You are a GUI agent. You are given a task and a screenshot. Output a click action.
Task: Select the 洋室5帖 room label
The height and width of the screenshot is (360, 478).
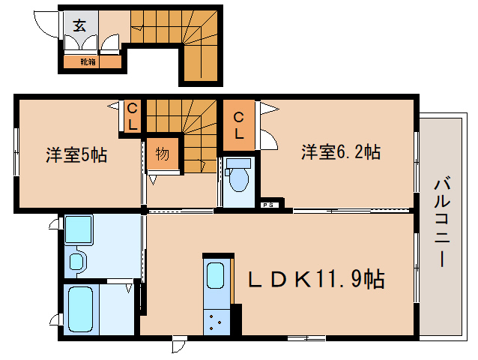[x=76, y=155]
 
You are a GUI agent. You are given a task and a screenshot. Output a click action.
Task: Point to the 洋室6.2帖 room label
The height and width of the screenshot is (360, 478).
[x=341, y=152]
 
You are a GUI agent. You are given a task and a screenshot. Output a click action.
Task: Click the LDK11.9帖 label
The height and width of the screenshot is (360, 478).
[x=317, y=280]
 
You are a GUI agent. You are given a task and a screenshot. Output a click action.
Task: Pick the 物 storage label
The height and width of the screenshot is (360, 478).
[x=163, y=154]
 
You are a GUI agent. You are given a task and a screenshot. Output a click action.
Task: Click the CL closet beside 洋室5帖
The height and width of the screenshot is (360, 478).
[x=132, y=117]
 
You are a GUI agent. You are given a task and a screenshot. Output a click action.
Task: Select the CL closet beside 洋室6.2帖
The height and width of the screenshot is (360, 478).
[x=238, y=125]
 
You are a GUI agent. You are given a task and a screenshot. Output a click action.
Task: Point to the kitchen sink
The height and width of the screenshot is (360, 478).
[x=215, y=276]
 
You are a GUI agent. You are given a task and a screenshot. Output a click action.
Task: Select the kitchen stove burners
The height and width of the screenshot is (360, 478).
[x=216, y=322]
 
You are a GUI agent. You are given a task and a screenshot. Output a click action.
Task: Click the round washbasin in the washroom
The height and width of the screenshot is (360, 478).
[x=76, y=262]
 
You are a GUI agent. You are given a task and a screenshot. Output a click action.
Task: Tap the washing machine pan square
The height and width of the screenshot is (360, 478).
[x=78, y=229]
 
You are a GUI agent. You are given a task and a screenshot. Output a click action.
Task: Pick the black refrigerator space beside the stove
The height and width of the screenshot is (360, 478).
[x=237, y=318]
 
